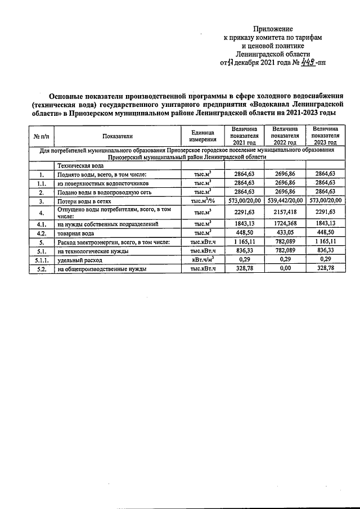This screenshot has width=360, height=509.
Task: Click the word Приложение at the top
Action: tap(273, 28)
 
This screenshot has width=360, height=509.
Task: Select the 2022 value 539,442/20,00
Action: tap(284, 200)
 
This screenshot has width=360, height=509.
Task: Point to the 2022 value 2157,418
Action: tap(284, 212)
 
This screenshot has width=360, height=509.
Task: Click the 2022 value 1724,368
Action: tap(284, 224)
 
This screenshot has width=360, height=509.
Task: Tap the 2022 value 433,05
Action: tap(284, 233)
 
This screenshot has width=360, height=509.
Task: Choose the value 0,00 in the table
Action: tap(284, 269)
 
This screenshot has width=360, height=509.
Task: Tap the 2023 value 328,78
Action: tap(325, 269)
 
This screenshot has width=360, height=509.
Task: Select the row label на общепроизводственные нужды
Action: tap(102, 269)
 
